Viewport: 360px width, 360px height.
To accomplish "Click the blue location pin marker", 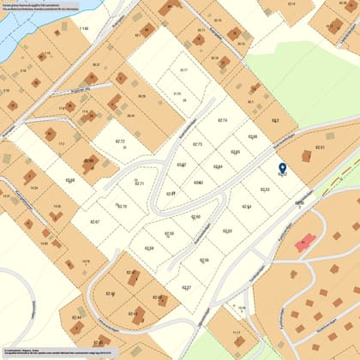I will click(283, 169).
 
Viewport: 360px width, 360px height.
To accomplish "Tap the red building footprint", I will click(304, 243).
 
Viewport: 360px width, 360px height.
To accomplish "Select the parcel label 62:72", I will click(120, 141).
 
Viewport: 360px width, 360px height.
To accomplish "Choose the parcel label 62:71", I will click(140, 184).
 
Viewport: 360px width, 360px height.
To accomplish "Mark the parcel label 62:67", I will click(94, 222).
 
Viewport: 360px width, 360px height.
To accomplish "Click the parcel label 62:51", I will click(320, 147).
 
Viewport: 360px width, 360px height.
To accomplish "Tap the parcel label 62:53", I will click(265, 189).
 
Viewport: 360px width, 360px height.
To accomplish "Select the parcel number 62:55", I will click(227, 231).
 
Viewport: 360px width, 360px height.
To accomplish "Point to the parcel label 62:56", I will click(204, 260).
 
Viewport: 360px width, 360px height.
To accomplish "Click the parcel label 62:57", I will click(187, 287).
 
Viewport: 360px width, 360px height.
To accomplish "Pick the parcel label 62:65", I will click(235, 152).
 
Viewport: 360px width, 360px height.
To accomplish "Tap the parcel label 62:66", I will click(252, 136).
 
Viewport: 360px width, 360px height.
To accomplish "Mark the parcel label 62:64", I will click(218, 166).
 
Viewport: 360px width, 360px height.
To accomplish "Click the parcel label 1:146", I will click(83, 29).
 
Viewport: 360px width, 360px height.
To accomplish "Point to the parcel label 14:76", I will click(85, 261).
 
